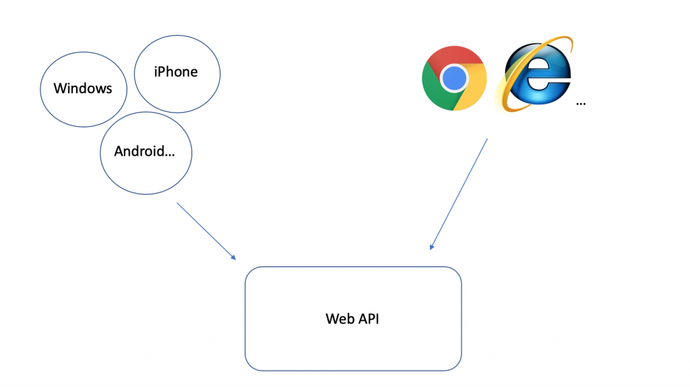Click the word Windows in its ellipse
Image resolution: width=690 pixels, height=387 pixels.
83,88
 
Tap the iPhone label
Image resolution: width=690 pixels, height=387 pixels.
176,71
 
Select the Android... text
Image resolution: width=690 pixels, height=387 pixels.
144,151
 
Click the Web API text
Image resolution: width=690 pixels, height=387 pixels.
352,319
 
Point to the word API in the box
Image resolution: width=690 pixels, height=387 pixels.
367,319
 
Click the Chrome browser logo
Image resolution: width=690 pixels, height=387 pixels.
455,78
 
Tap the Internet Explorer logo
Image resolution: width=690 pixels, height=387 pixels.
536,76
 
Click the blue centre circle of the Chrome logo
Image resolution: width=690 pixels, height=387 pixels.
455,78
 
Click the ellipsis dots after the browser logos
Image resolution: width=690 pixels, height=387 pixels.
581,105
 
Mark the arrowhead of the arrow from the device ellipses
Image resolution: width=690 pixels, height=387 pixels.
234,258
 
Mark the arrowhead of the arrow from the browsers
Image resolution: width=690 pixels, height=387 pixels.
431,247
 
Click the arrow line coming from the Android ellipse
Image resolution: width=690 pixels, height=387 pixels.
205,229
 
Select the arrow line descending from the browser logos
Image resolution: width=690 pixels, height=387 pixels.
460,193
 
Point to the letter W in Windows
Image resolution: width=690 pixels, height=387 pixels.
59,88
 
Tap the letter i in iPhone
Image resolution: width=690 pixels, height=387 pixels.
156,71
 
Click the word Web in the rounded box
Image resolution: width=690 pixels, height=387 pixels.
339,319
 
